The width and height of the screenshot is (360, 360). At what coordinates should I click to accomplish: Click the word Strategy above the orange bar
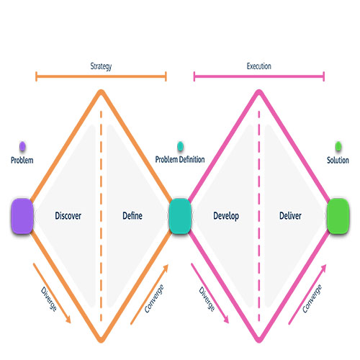point(101,66)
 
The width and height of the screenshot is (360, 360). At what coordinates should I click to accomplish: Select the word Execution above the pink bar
point(259,66)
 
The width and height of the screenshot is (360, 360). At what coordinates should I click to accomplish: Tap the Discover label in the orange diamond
point(68,215)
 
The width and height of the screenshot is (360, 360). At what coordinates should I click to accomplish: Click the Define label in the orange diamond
point(132,215)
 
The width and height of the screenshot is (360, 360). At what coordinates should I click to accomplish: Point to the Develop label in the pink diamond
point(226,216)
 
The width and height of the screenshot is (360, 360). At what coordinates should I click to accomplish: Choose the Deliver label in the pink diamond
point(290,215)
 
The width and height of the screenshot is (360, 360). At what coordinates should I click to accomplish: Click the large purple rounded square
point(22,216)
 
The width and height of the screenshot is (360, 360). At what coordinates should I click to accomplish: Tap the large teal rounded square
point(180,216)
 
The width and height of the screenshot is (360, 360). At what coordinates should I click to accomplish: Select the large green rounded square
point(338,216)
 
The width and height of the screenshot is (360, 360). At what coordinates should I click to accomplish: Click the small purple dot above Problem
point(22,146)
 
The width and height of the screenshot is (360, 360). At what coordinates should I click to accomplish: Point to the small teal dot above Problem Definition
point(180,146)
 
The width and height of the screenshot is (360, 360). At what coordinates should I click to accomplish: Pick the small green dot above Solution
point(338,146)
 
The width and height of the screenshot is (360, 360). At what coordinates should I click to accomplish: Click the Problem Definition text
point(180,159)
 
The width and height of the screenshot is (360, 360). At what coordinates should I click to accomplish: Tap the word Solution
point(338,160)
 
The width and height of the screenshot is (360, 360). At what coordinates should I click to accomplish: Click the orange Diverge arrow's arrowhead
point(68,320)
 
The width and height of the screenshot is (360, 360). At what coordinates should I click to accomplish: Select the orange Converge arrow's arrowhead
point(166,268)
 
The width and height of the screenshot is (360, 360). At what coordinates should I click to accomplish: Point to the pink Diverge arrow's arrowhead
point(226,320)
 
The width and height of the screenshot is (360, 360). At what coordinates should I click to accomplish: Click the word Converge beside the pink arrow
point(312,299)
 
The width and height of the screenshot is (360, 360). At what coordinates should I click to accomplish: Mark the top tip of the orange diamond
point(101,90)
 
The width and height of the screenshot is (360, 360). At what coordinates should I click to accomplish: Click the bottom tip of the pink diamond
point(259,342)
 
